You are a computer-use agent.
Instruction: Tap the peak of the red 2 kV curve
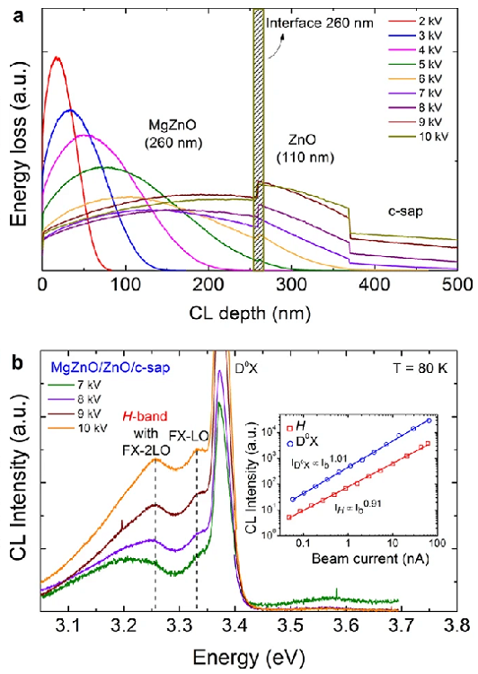coord(58,58)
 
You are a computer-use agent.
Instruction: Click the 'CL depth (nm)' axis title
coord(249,308)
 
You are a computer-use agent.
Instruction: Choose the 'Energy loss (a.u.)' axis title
coord(15,149)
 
